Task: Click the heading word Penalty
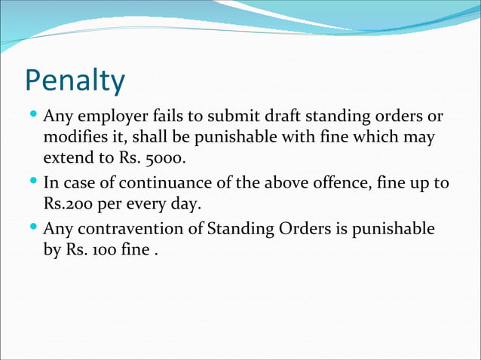click(x=75, y=81)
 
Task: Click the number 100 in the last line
click(x=107, y=248)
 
